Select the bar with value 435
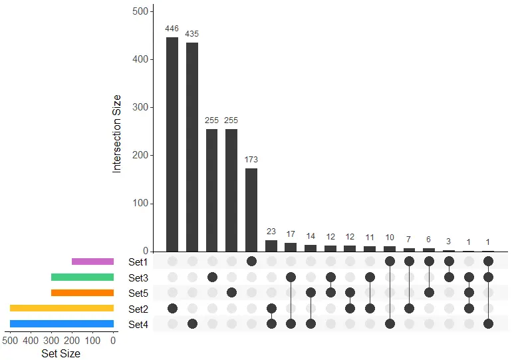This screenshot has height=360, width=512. [192, 147]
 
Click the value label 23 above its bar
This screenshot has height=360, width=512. [271, 232]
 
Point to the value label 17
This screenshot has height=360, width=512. [291, 234]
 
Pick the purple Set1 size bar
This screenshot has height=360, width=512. [92, 262]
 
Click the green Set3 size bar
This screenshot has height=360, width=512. [82, 277]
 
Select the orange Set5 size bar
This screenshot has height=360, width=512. [82, 293]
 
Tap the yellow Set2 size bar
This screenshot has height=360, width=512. [62, 308]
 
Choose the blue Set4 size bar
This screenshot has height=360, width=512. [62, 323]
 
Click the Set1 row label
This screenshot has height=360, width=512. [138, 262]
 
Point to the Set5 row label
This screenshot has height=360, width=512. [138, 293]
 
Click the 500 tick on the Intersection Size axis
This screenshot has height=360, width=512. [140, 11]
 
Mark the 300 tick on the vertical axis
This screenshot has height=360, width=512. [140, 107]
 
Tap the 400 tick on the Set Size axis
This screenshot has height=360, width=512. [31, 339]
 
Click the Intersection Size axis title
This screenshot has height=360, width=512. [117, 133]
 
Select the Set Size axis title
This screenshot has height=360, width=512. [61, 353]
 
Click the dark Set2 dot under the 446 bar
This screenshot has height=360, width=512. [172, 308]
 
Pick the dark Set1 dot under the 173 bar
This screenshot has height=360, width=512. [251, 261]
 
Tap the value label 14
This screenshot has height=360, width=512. [311, 236]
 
